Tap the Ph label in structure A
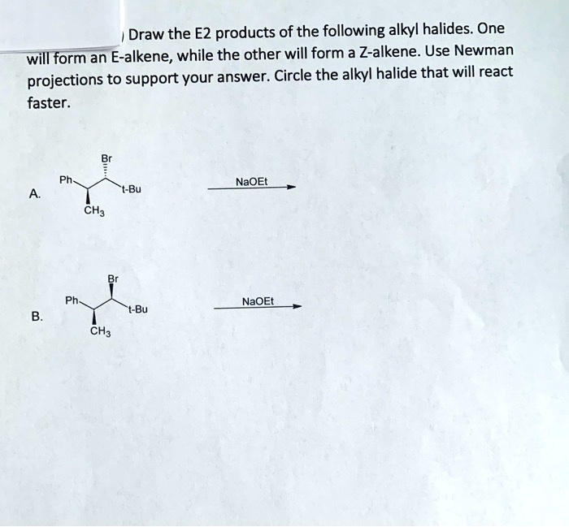coord(64,181)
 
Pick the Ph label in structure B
coord(72,300)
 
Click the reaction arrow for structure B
coord(258,308)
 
